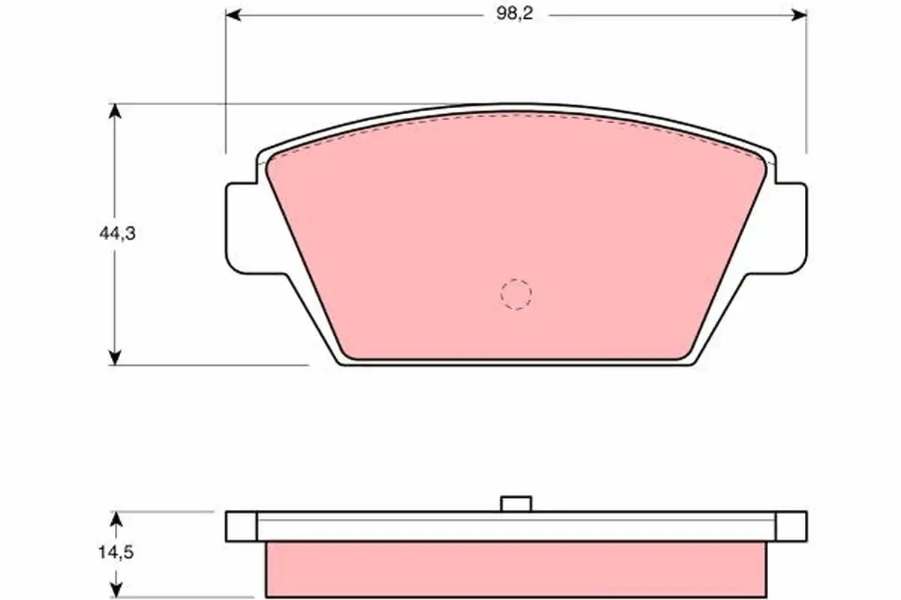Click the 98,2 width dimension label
click(514, 14)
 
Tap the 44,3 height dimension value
click(117, 233)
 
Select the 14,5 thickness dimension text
click(116, 553)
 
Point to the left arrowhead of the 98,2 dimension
click(234, 15)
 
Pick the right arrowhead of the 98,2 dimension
click(799, 15)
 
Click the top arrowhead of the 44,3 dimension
click(115, 111)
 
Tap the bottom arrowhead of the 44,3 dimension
click(115, 358)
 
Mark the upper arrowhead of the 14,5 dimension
click(116, 519)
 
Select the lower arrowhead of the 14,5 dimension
click(116, 589)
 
